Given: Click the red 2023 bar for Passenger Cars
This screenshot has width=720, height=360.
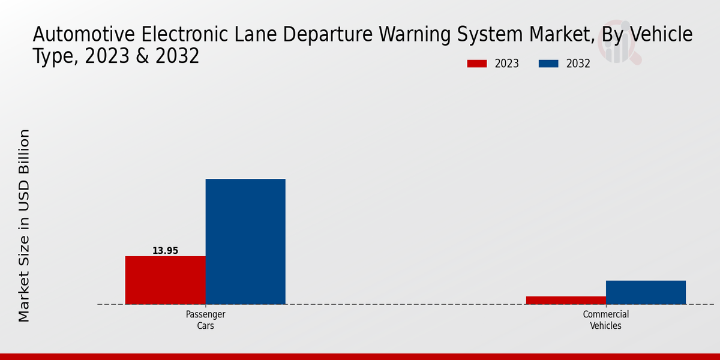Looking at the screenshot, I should pyautogui.click(x=165, y=280).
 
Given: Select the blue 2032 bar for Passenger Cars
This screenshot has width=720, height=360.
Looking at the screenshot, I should pyautogui.click(x=245, y=241).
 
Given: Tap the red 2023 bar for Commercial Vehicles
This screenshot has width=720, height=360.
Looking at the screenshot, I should pyautogui.click(x=566, y=300).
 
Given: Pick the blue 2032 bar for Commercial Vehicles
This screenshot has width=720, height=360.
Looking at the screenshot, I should pyautogui.click(x=646, y=292).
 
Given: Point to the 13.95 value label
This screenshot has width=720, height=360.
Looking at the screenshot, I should pyautogui.click(x=165, y=251).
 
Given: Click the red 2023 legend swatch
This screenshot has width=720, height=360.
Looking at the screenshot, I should pyautogui.click(x=477, y=64).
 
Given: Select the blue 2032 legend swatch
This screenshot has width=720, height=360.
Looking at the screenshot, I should pyautogui.click(x=548, y=64).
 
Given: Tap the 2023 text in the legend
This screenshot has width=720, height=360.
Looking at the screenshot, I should pyautogui.click(x=507, y=64).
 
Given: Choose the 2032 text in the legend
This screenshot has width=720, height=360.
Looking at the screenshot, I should pyautogui.click(x=578, y=64).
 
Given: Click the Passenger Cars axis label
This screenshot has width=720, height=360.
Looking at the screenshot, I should pyautogui.click(x=205, y=320).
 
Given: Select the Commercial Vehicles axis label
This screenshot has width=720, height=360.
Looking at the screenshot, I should pyautogui.click(x=605, y=320).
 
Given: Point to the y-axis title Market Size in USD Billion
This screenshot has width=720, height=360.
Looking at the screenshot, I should pyautogui.click(x=24, y=225).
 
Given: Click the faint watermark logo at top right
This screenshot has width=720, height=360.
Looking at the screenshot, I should pyautogui.click(x=618, y=45).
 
